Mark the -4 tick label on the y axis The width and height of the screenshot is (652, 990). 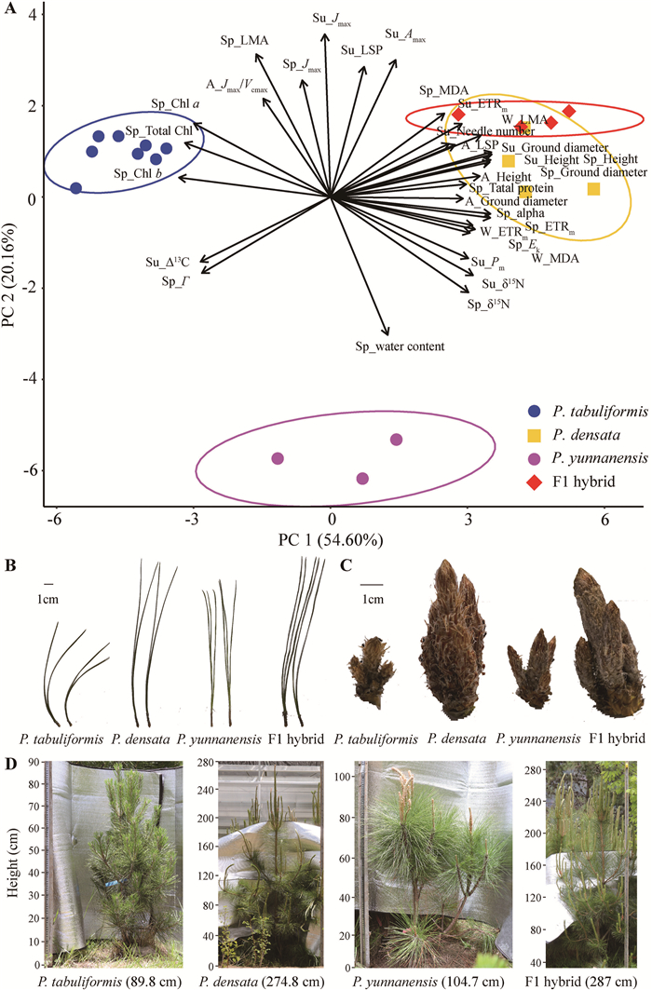(x=30, y=379)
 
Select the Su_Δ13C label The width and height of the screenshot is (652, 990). (x=168, y=264)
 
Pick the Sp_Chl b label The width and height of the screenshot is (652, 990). (x=137, y=173)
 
